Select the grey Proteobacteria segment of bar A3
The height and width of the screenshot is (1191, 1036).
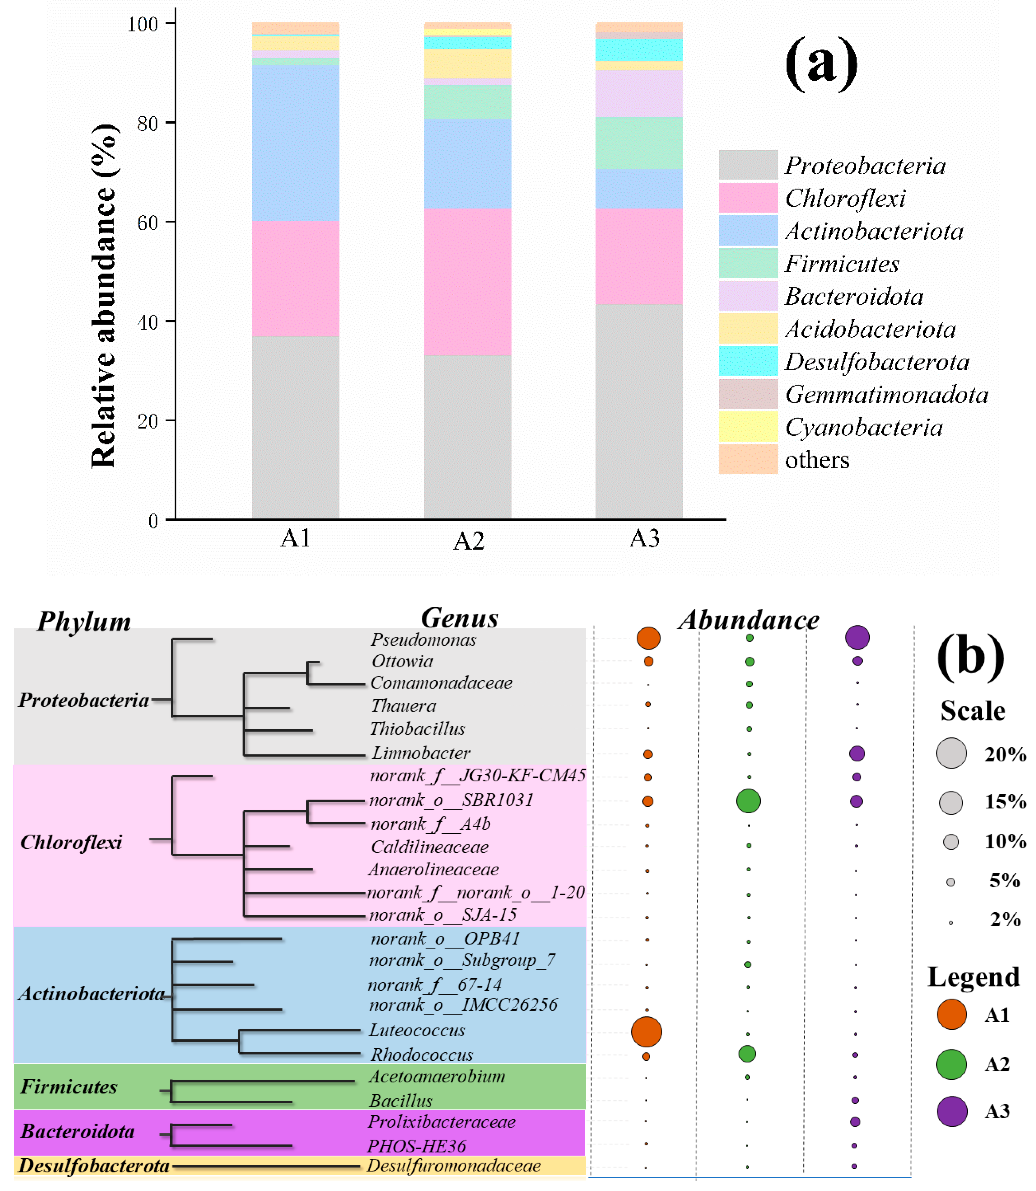click(x=639, y=411)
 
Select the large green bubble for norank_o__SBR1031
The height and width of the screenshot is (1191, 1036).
click(x=748, y=801)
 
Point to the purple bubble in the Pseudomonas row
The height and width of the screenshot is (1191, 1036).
click(x=857, y=637)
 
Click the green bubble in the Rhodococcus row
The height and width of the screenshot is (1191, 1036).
click(x=747, y=1054)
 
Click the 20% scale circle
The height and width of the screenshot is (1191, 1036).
click(x=951, y=753)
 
